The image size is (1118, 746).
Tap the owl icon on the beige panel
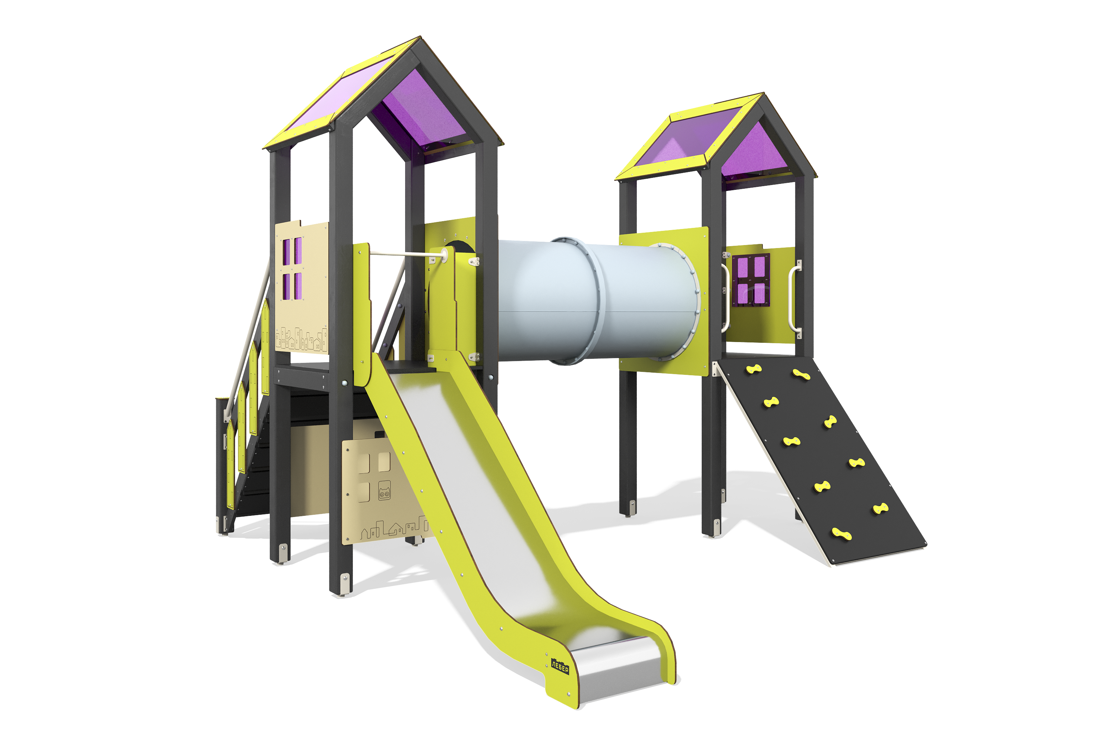pos(384,490)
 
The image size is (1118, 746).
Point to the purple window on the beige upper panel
pos(292,269)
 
